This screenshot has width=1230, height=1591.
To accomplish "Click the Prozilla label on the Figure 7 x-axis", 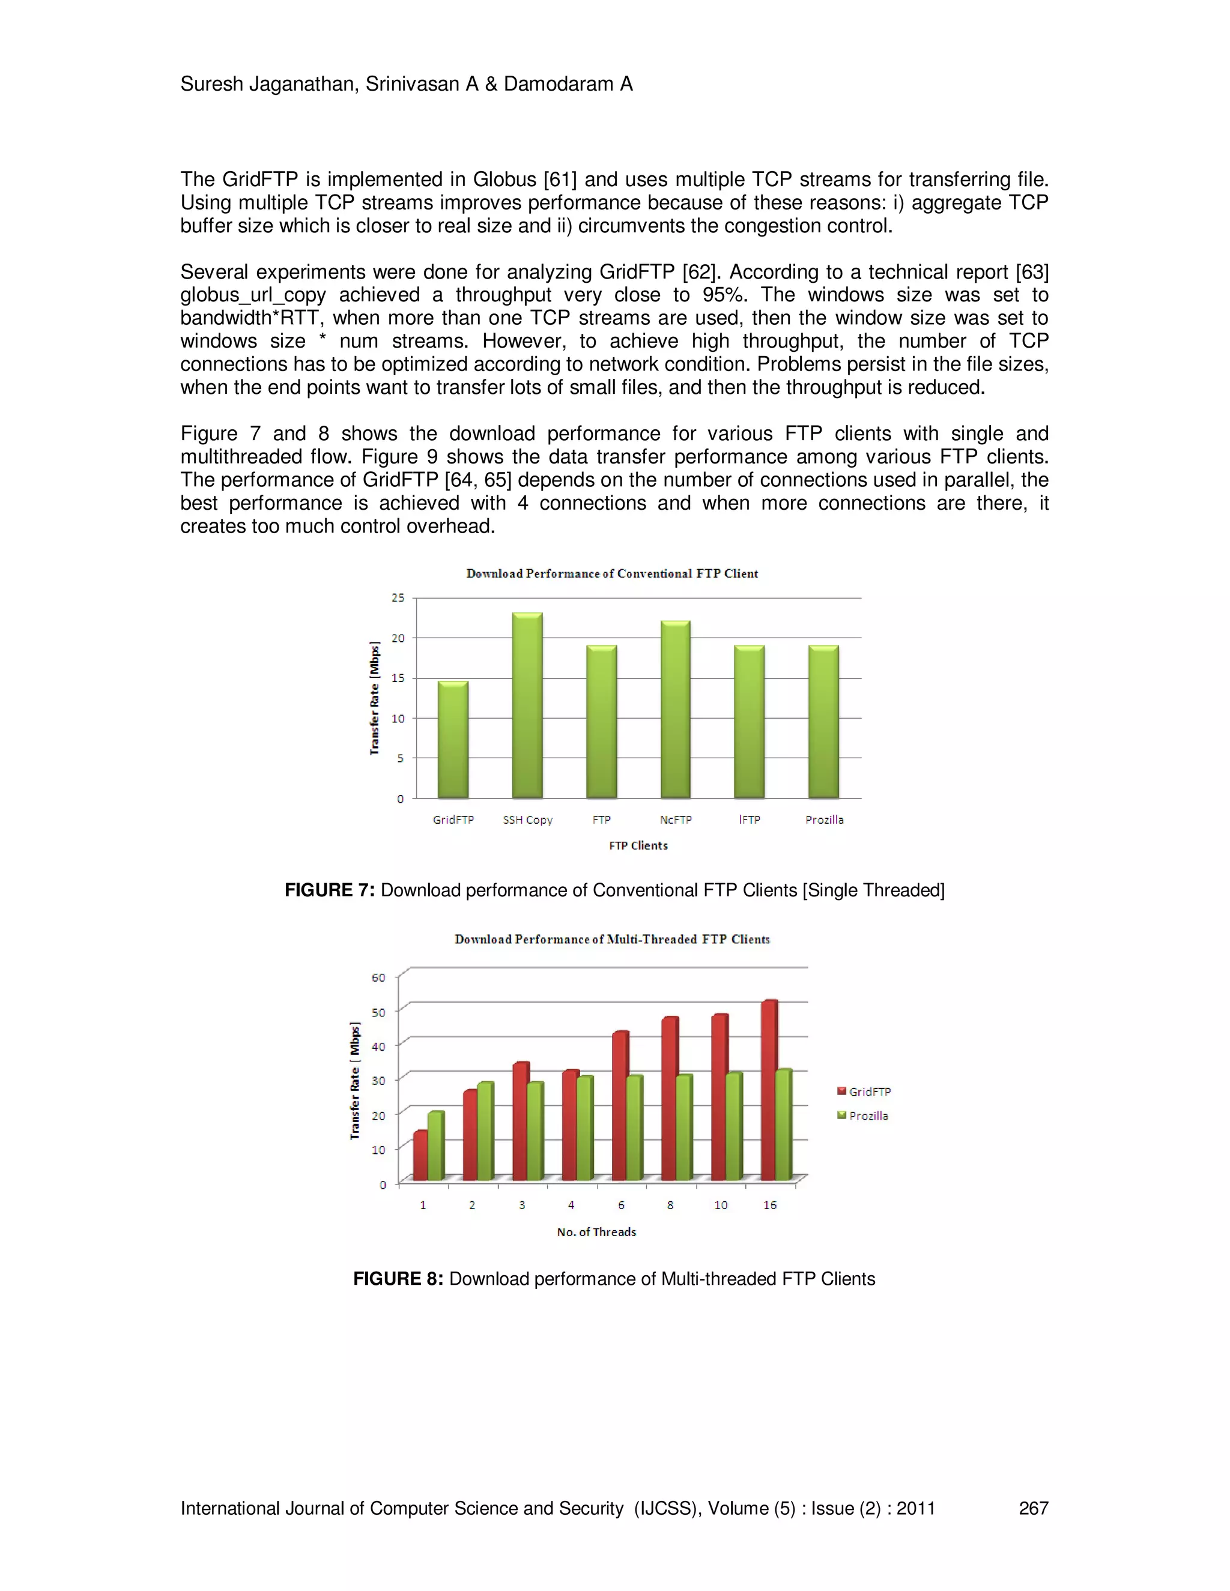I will click(824, 820).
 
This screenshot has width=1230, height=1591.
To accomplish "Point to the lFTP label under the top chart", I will click(749, 820).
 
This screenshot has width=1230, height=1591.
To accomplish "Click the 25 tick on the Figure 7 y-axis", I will click(398, 597).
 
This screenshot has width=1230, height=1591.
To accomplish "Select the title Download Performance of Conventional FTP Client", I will click(612, 573).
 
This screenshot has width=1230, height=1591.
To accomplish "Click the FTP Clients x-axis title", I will click(638, 845).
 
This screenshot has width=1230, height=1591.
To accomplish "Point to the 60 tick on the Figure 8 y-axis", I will click(378, 977).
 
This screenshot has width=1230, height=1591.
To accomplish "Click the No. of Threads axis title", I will click(596, 1232).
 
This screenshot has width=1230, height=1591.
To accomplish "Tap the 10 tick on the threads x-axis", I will click(721, 1205).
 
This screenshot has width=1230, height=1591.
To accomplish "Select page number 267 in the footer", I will click(1032, 1508).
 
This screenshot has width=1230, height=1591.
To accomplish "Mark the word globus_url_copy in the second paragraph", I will click(253, 295).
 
